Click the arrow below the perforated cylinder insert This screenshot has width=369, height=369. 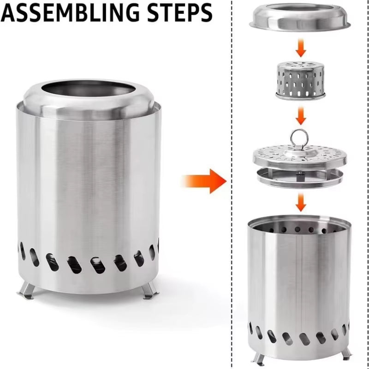[x=301, y=115]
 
